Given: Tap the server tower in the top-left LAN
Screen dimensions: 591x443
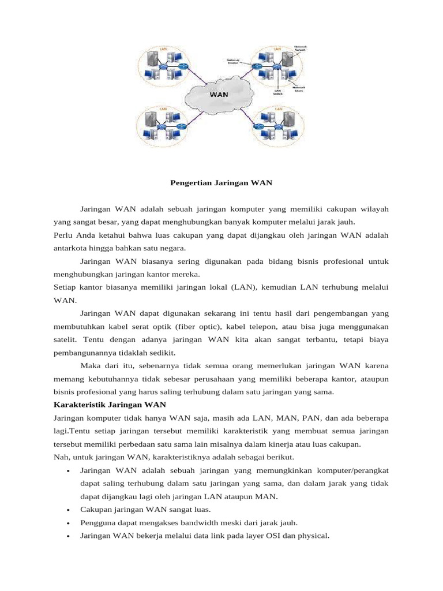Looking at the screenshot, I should pyautogui.click(x=151, y=58).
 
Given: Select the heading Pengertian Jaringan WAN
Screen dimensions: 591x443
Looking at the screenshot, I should pyautogui.click(x=221, y=184).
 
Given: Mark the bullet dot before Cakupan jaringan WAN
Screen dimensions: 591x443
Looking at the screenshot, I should pyautogui.click(x=69, y=510).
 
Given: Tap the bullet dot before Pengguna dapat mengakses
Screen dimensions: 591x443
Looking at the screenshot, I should pyautogui.click(x=69, y=523).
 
